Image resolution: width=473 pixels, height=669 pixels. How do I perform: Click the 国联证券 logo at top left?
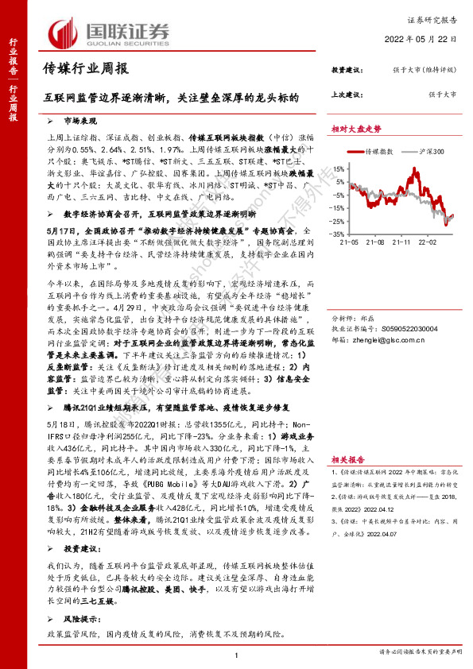110,33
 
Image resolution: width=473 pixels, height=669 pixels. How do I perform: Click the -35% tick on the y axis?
337,235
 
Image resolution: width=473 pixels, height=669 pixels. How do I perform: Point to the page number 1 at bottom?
237,653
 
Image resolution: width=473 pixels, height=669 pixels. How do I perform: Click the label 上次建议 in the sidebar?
347,94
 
